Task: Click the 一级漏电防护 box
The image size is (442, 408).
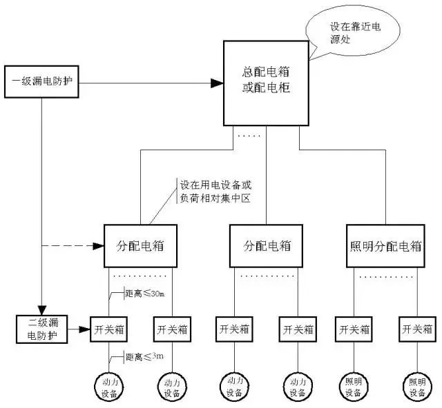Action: point(43,83)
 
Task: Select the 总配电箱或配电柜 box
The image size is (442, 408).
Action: point(265,83)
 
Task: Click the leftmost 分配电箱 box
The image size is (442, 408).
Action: point(141,245)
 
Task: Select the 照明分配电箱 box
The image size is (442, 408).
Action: point(391,245)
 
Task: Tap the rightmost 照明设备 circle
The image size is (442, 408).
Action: point(417,387)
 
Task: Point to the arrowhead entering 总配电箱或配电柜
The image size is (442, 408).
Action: point(216,83)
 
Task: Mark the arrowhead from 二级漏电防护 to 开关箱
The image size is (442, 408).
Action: point(85,327)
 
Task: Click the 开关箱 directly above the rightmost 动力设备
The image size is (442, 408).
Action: point(298,327)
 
